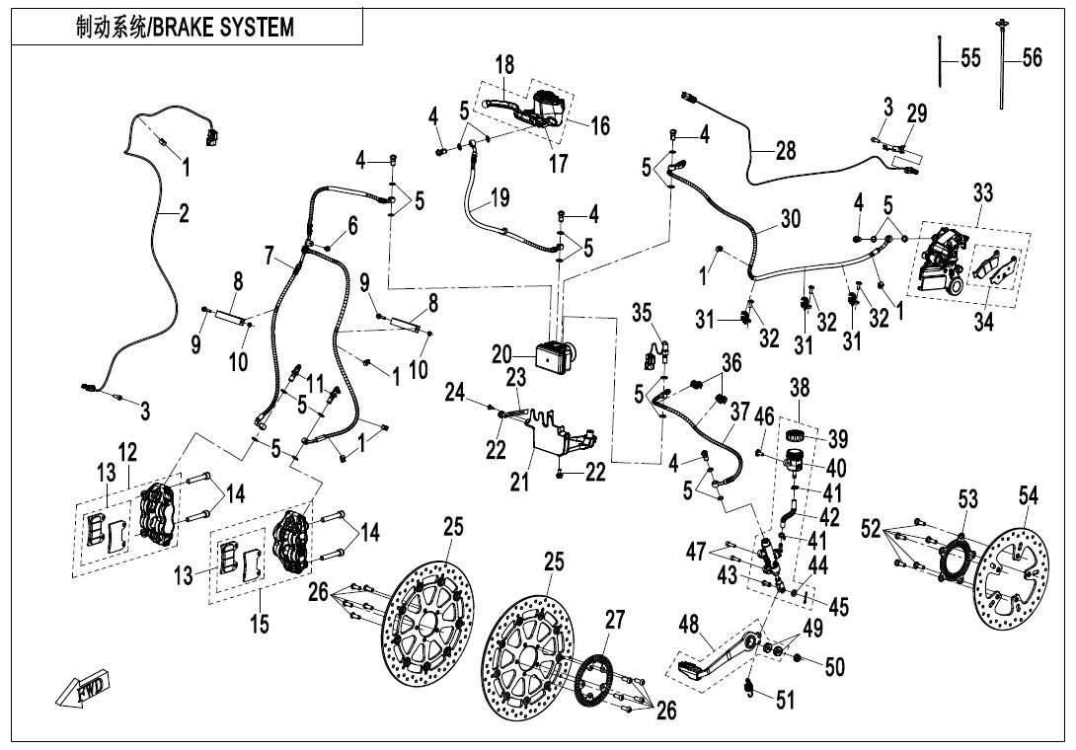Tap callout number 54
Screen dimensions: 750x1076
coord(1029,496)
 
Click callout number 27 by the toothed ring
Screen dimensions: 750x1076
coord(615,621)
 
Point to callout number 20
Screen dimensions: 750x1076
coord(502,354)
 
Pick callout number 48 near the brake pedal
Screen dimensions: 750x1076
coord(688,625)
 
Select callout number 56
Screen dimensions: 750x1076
coord(1032,58)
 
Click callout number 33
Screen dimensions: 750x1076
coord(982,193)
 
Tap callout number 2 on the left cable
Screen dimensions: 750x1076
coord(184,212)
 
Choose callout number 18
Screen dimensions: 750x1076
coord(504,65)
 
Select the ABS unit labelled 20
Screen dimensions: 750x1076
coord(553,354)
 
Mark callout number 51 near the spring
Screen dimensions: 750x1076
coord(785,701)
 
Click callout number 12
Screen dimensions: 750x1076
coord(128,451)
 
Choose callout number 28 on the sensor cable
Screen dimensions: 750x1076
coord(785,150)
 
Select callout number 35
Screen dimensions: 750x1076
coord(643,315)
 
